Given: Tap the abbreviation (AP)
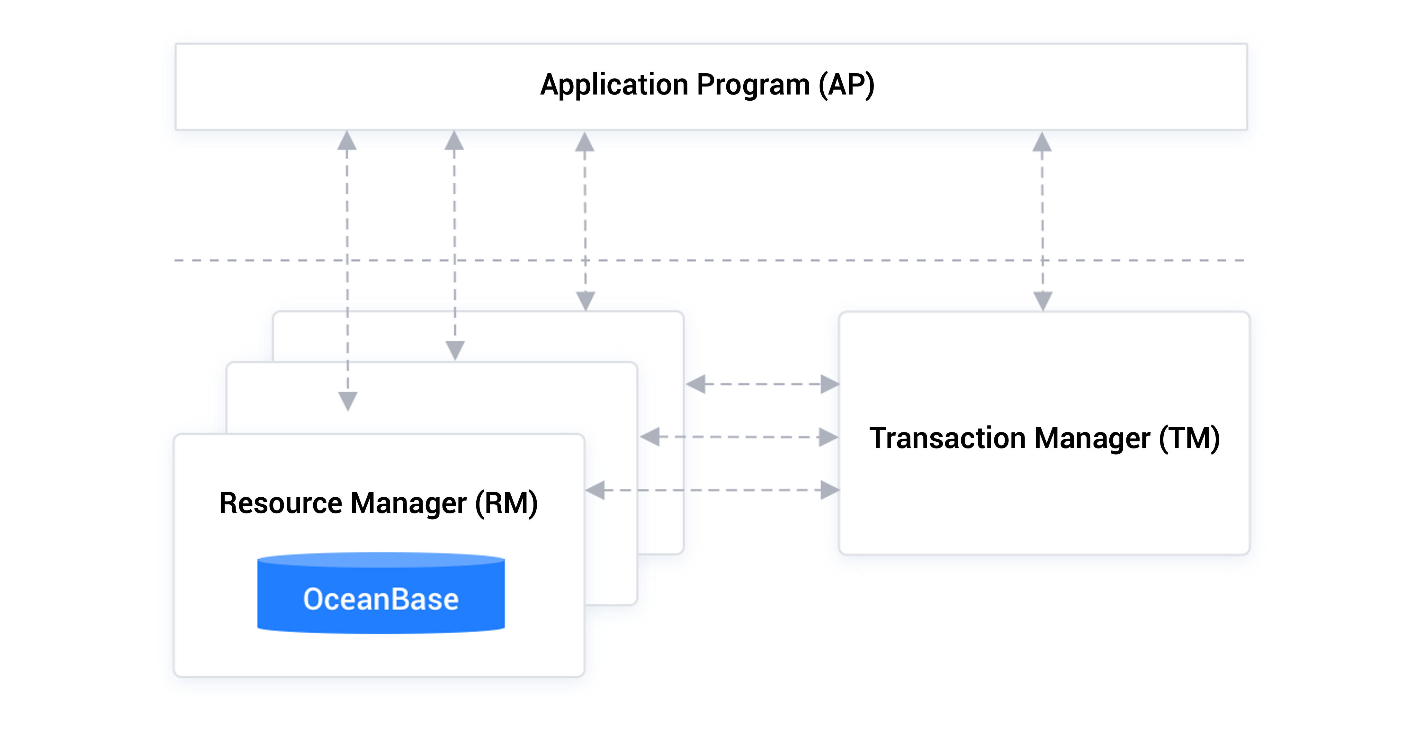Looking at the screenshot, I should (x=846, y=85).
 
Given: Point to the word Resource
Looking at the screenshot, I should (x=281, y=503).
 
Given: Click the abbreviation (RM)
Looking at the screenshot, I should (x=506, y=503).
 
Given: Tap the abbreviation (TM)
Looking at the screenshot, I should (x=1189, y=438).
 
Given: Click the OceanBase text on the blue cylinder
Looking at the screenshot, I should (x=381, y=599).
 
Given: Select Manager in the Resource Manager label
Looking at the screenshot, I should (x=408, y=503).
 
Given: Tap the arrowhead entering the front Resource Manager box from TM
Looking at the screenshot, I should (x=595, y=490).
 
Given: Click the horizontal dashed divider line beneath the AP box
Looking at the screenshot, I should (x=768, y=260).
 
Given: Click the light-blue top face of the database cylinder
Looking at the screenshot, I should (x=381, y=560).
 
